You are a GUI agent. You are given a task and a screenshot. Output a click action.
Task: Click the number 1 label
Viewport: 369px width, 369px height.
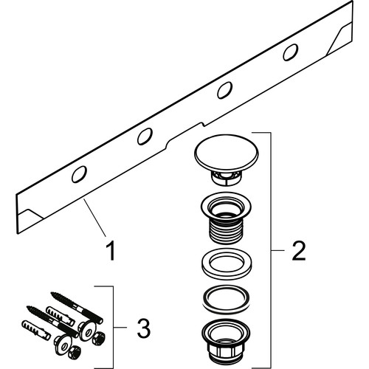click(x=111, y=252)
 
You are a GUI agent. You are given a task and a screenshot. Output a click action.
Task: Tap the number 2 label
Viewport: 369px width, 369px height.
click(x=299, y=252)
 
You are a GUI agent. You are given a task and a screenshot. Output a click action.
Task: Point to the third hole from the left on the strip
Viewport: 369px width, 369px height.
click(x=222, y=92)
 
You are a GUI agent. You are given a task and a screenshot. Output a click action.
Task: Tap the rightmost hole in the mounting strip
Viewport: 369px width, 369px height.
click(x=290, y=52)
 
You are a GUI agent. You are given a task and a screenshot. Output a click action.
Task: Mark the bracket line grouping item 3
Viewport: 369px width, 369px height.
click(x=113, y=325)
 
